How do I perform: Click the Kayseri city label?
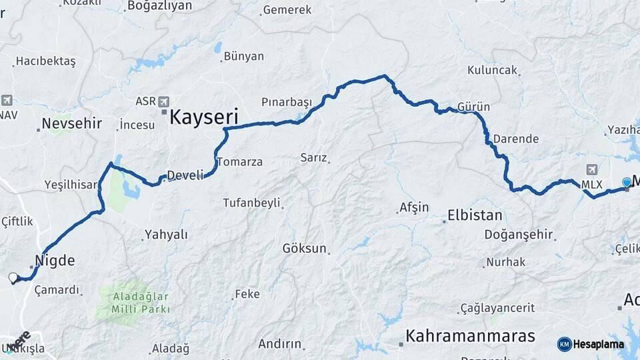point(204,117)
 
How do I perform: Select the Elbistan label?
point(475,216)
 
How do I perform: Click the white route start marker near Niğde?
point(13,277)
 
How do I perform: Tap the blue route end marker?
point(627,182)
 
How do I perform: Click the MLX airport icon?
point(591,169)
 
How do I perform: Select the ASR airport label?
point(145,101)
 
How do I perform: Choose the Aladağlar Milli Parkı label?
point(133,303)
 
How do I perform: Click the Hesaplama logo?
point(591,344)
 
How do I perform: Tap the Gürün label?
point(474,107)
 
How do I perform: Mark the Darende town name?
point(516,139)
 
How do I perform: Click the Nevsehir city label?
point(71,123)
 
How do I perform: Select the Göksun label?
point(305,249)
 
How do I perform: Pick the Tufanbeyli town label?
point(251,203)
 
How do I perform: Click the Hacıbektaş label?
point(45,61)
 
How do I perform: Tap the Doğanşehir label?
point(519,234)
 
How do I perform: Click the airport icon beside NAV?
point(7,101)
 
